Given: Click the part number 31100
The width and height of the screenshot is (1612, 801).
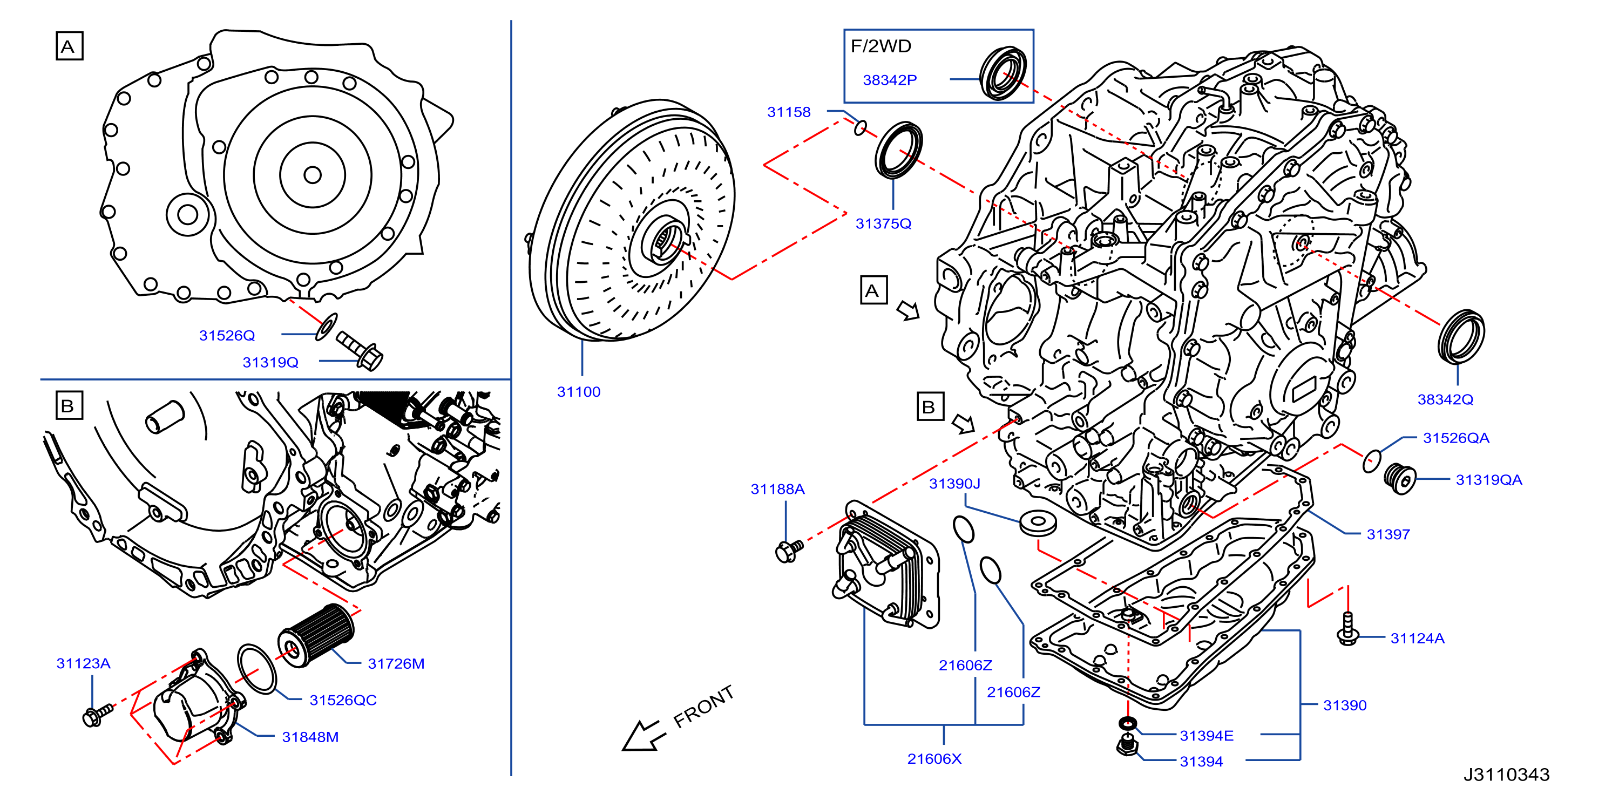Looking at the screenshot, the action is pos(578,392).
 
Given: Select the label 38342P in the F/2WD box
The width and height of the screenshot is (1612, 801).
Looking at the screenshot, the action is pos(889,80).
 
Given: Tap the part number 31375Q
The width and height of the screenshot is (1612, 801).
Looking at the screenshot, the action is pos(883,223).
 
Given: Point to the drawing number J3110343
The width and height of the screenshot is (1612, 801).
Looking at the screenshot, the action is pos(1506,775).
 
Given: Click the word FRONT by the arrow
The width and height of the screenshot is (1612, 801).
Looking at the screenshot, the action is pos(703,707).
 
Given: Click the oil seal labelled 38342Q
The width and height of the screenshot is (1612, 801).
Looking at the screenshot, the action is pos(1460,336).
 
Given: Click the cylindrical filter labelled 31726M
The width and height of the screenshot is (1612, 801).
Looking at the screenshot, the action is pos(315,635).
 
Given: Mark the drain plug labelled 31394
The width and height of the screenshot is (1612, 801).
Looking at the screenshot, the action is pos(1126,746).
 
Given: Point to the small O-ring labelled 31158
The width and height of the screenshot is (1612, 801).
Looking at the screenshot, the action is pos(861,128).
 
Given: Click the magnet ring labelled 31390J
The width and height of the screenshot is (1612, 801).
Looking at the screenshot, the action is pos(1038,523).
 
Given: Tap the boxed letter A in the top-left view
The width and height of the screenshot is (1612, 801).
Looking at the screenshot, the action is pos(69,46).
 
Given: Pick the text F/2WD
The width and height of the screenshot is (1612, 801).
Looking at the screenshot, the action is pos(880,46).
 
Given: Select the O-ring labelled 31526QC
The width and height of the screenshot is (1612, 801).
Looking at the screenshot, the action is pos(256,668).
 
